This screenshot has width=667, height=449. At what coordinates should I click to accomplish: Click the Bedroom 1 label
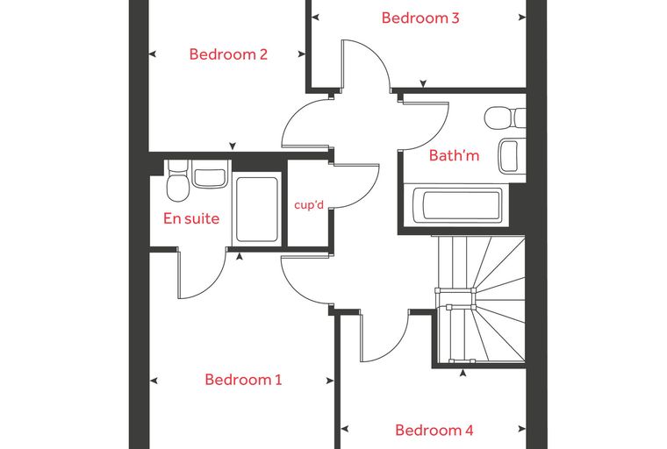[243, 379]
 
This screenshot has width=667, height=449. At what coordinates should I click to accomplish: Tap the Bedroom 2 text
[228, 54]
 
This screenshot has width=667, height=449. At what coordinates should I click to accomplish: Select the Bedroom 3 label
[420, 18]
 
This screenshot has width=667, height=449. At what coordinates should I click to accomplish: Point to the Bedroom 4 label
[434, 430]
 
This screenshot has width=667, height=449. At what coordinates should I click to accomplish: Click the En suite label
[191, 218]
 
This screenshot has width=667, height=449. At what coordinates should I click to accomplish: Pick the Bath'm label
[454, 155]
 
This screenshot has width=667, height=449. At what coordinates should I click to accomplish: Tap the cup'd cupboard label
[309, 205]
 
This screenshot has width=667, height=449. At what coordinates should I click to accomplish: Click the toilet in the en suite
[177, 181]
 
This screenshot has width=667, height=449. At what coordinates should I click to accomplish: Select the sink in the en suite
[209, 175]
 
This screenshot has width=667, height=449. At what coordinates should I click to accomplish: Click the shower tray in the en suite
[257, 210]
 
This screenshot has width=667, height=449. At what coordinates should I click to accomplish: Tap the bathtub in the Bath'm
[456, 204]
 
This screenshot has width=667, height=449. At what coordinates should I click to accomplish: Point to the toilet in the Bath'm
[506, 118]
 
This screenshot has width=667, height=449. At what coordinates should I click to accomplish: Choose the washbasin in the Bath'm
[512, 155]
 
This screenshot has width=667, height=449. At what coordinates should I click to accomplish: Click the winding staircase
[481, 300]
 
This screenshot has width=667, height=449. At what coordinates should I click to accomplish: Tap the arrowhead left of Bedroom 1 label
[154, 381]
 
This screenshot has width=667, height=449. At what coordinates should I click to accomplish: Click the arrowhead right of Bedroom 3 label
[522, 18]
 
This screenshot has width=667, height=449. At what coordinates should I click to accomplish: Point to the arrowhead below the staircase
[463, 374]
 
